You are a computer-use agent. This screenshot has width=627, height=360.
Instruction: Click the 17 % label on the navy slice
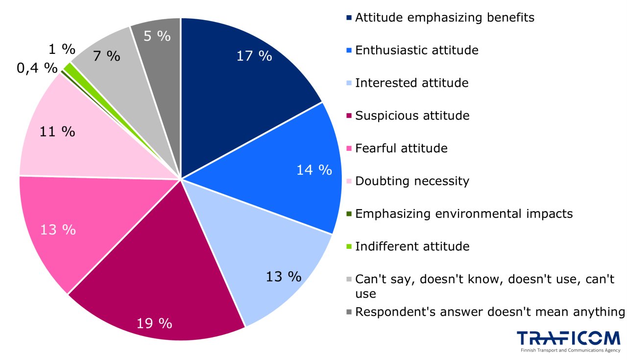(254, 56)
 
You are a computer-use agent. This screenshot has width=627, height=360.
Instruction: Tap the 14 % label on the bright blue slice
(314, 170)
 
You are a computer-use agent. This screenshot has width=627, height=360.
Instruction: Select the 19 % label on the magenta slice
(154, 323)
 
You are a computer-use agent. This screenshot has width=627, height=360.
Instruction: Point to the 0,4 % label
(37, 68)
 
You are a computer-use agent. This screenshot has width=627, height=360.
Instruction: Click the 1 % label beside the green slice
(62, 49)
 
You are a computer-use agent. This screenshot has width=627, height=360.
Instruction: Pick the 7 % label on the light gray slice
(106, 56)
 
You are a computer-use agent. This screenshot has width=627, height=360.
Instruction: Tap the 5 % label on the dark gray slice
(158, 36)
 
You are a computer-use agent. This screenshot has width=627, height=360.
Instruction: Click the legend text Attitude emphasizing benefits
(444, 18)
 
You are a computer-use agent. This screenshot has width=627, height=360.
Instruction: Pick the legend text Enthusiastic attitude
(416, 50)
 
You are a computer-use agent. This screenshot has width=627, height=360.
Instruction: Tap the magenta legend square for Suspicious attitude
(349, 116)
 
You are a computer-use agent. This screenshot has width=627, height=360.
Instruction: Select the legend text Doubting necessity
(412, 181)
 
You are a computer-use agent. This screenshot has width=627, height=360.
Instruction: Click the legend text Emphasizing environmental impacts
(463, 214)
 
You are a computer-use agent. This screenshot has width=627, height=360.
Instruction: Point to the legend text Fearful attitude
(401, 148)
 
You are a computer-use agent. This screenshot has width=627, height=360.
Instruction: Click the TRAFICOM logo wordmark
(568, 338)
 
